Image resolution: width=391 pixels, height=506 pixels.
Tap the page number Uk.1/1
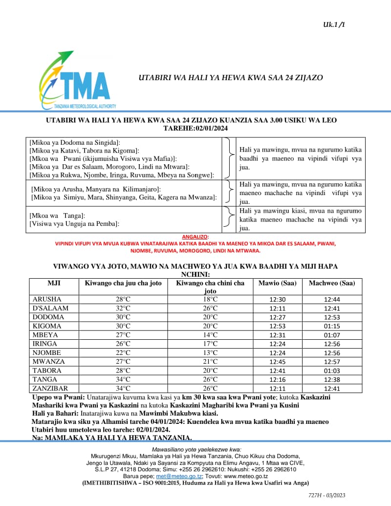(334, 24)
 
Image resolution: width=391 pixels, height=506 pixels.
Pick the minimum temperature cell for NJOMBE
(210, 352)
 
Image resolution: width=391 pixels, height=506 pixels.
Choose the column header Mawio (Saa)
(277, 283)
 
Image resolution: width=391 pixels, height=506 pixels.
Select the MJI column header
(54, 283)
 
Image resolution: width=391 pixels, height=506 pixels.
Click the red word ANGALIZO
(195, 237)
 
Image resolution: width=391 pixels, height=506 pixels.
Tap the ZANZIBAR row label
(49, 388)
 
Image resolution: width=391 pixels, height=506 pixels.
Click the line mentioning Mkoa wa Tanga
(58, 216)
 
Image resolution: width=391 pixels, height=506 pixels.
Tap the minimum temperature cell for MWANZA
(210, 362)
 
